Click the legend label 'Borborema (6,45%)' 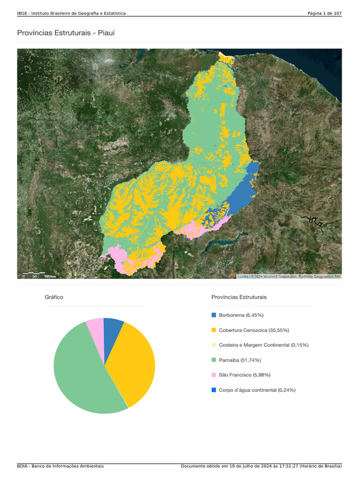[241, 315]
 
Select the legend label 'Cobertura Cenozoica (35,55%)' [254, 330]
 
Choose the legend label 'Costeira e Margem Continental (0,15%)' [263, 345]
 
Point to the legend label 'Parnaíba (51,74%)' [240, 360]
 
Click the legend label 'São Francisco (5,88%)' [244, 375]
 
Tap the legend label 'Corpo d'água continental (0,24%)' [257, 390]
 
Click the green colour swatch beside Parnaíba [214, 360]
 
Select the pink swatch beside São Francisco [214, 375]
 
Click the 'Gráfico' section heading [54, 297]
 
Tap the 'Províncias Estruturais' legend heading [239, 297]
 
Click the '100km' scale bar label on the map [50, 277]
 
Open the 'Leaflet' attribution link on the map [243, 277]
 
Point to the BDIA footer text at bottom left [60, 466]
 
